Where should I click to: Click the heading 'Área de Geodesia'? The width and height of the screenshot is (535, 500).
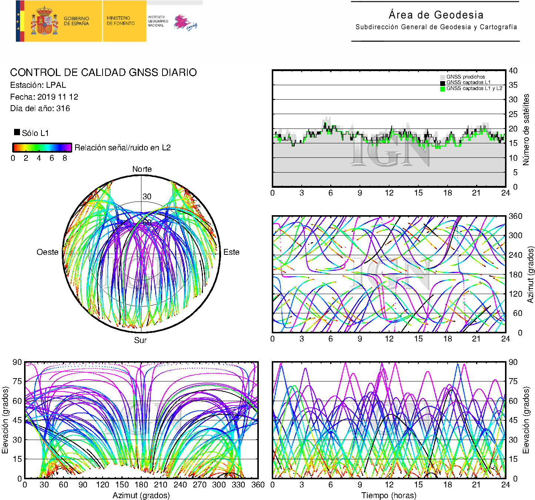(436, 15)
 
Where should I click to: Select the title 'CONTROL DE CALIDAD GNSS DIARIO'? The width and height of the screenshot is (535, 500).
(103, 72)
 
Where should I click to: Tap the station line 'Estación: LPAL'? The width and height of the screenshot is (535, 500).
(38, 85)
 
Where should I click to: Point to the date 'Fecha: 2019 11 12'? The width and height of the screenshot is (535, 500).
(44, 97)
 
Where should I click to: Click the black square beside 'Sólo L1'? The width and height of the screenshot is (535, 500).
(17, 132)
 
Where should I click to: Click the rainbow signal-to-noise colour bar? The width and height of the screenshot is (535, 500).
(42, 147)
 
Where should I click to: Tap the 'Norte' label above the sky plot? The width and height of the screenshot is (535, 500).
(142, 169)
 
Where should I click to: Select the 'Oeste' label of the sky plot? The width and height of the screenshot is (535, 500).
(47, 252)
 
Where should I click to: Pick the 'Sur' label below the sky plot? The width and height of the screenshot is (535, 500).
(140, 340)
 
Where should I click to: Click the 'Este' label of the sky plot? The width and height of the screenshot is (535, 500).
(231, 252)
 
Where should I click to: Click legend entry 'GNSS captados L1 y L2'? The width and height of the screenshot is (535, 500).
(474, 89)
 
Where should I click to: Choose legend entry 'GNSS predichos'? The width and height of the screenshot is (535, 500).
(465, 77)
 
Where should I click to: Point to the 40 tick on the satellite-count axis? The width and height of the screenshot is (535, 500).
(513, 71)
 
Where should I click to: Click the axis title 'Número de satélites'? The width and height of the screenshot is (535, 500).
(526, 129)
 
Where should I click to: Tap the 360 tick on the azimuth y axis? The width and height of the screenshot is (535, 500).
(515, 216)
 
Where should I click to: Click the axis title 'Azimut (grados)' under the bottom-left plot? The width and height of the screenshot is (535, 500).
(141, 496)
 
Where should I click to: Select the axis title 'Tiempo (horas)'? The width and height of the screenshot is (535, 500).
(389, 496)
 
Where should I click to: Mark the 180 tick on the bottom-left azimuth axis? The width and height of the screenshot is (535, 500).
(141, 485)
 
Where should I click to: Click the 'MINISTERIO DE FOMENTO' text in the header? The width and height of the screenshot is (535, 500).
(121, 21)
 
